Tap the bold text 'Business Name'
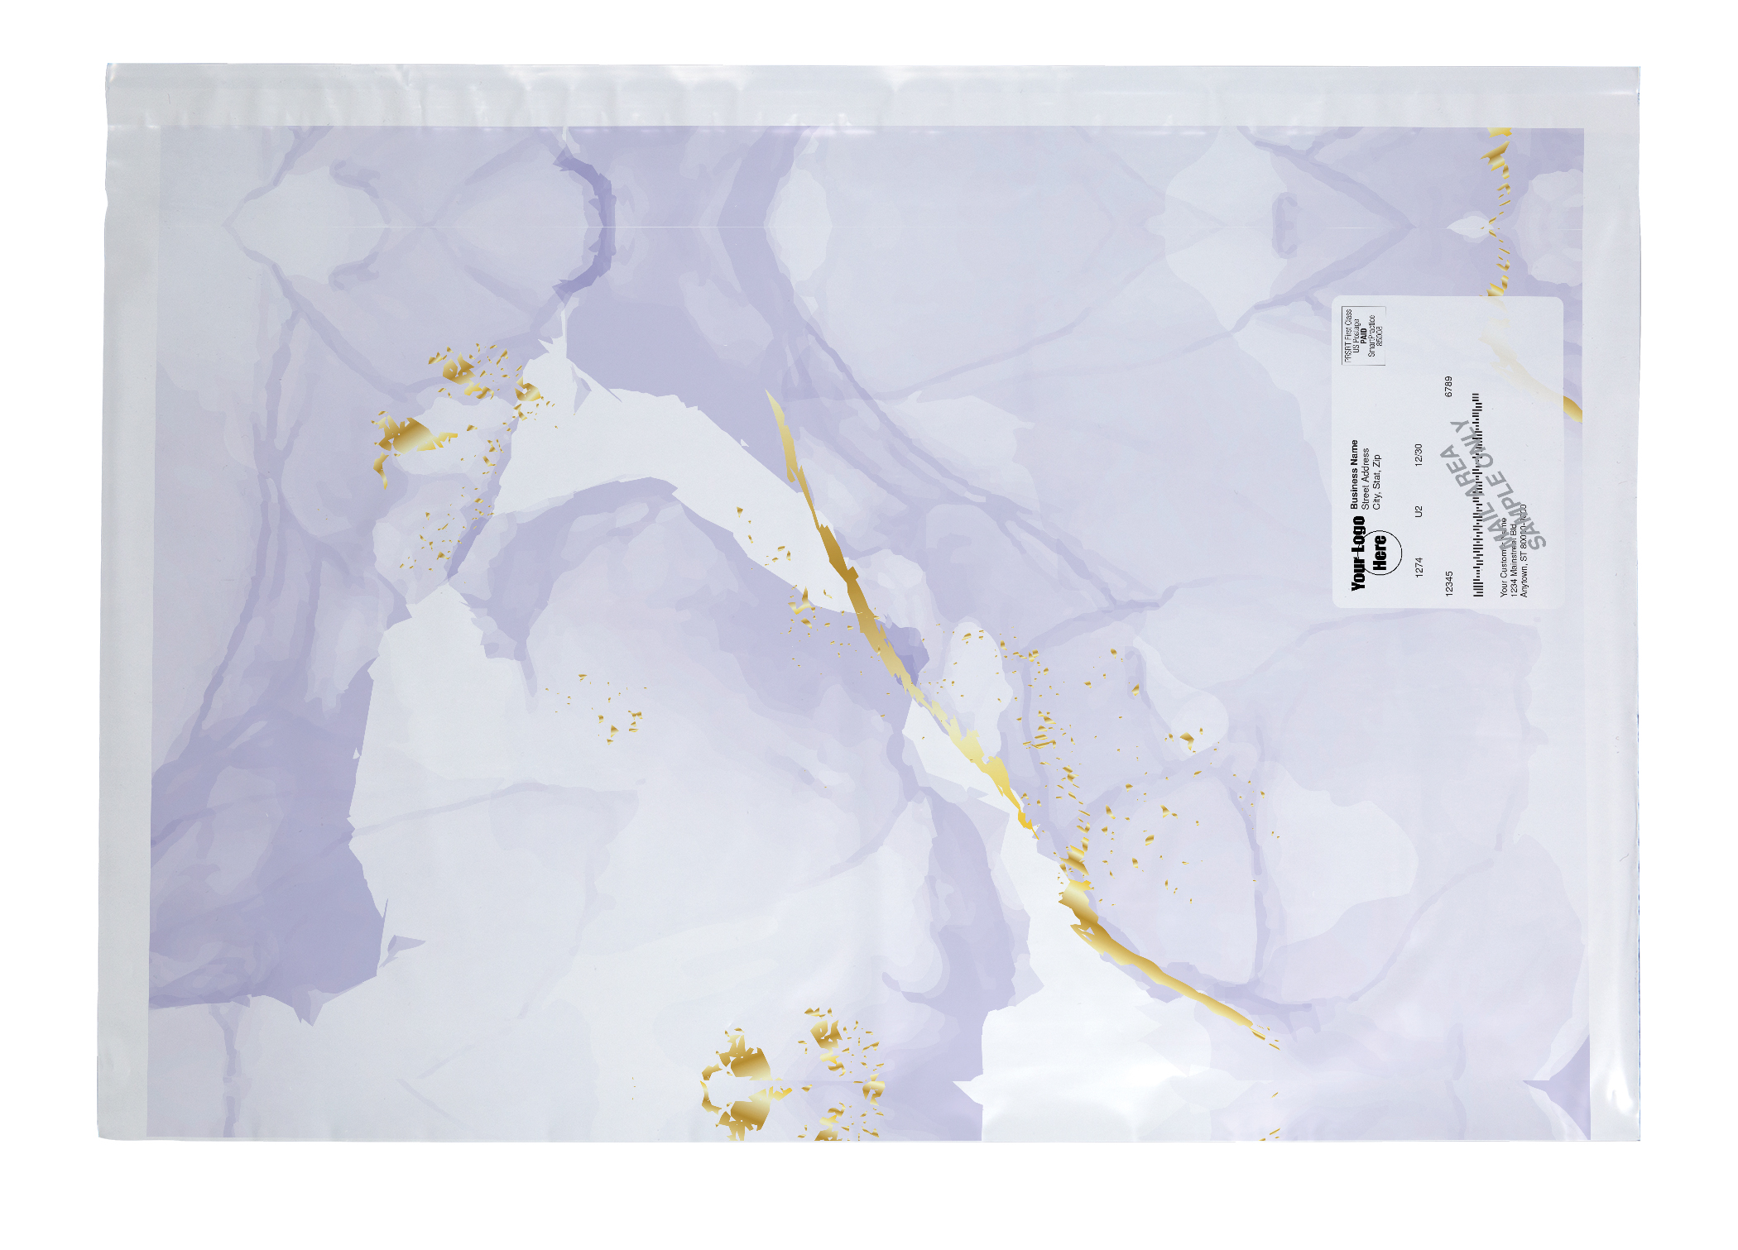1355,473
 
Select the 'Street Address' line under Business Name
1366,478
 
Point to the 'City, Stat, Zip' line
1377,481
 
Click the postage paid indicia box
1362,334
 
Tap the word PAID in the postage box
1363,334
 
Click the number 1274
1419,567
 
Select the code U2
1419,511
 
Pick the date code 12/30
1419,455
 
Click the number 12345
1448,582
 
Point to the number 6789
1448,386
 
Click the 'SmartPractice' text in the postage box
1371,335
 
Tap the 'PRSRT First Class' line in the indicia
1348,334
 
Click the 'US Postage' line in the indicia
1356,334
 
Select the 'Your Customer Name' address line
1505,558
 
